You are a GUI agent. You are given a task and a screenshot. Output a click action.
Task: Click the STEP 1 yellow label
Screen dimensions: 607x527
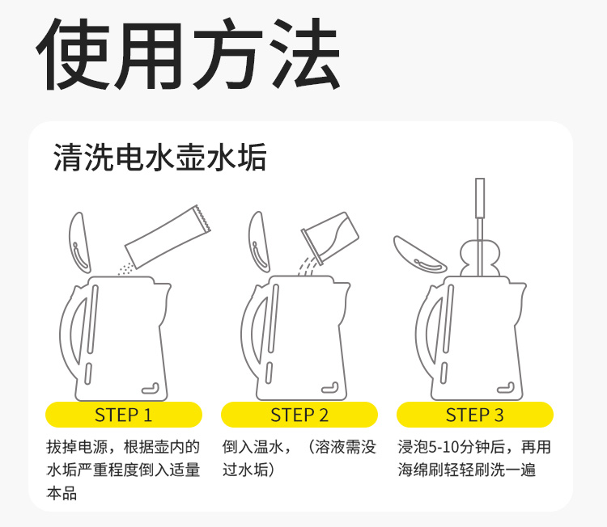(124, 415)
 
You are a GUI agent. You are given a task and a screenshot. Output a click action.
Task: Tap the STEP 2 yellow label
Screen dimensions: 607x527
(299, 415)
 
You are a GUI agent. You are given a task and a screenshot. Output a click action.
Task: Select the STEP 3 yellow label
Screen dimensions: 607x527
(474, 415)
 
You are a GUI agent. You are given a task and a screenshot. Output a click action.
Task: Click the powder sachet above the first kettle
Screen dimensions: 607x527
(168, 237)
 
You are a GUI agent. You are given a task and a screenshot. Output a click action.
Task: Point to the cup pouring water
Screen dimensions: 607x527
(330, 237)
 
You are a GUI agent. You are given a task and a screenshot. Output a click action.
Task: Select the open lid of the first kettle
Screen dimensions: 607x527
(79, 242)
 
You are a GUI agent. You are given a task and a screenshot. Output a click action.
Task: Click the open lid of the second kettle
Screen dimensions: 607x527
(259, 242)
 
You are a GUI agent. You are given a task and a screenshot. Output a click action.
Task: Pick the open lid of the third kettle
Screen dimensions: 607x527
(419, 255)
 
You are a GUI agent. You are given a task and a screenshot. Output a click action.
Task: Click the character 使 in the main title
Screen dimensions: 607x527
(73, 54)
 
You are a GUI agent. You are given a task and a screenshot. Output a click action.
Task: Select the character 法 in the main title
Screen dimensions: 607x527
(304, 54)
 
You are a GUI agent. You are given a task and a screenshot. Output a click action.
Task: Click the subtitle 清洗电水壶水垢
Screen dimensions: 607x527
(160, 157)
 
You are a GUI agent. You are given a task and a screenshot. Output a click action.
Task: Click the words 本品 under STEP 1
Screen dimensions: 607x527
(62, 493)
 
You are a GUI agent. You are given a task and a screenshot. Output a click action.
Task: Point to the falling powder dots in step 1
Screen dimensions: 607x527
(125, 268)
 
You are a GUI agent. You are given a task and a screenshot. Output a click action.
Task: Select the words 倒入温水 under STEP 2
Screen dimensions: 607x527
(253, 447)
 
